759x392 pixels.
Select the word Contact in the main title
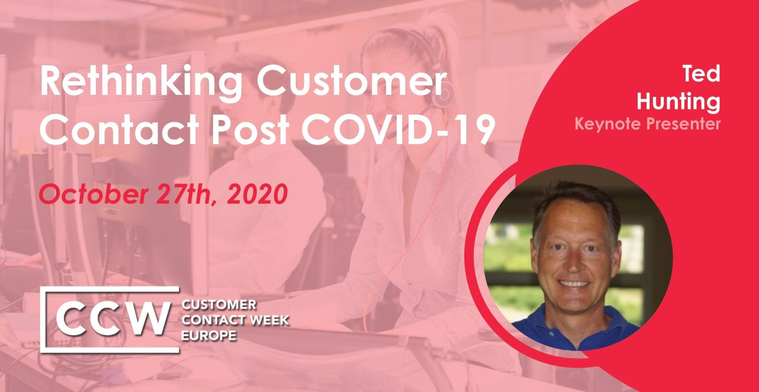(x=119, y=129)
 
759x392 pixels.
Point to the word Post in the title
(x=250, y=129)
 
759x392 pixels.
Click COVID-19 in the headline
(x=398, y=129)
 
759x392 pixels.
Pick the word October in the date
(x=93, y=194)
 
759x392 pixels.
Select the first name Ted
(x=701, y=73)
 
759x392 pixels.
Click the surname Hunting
(x=678, y=102)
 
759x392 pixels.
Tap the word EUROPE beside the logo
(x=209, y=336)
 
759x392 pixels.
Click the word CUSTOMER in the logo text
(x=219, y=305)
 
